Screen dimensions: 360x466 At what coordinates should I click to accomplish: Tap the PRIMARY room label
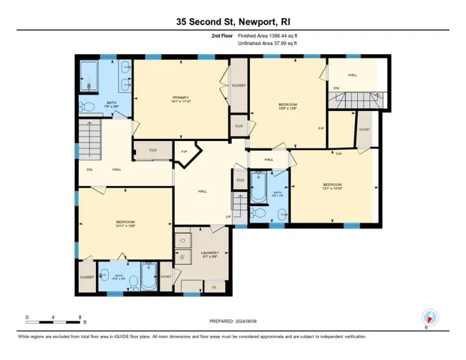click(179, 97)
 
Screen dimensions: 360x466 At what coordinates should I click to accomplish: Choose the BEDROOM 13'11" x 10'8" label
click(125, 222)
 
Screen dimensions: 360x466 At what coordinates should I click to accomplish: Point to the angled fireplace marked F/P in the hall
click(185, 154)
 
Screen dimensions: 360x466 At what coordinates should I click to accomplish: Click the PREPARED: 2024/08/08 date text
click(233, 321)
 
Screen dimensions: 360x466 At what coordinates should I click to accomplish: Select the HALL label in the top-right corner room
click(352, 75)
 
